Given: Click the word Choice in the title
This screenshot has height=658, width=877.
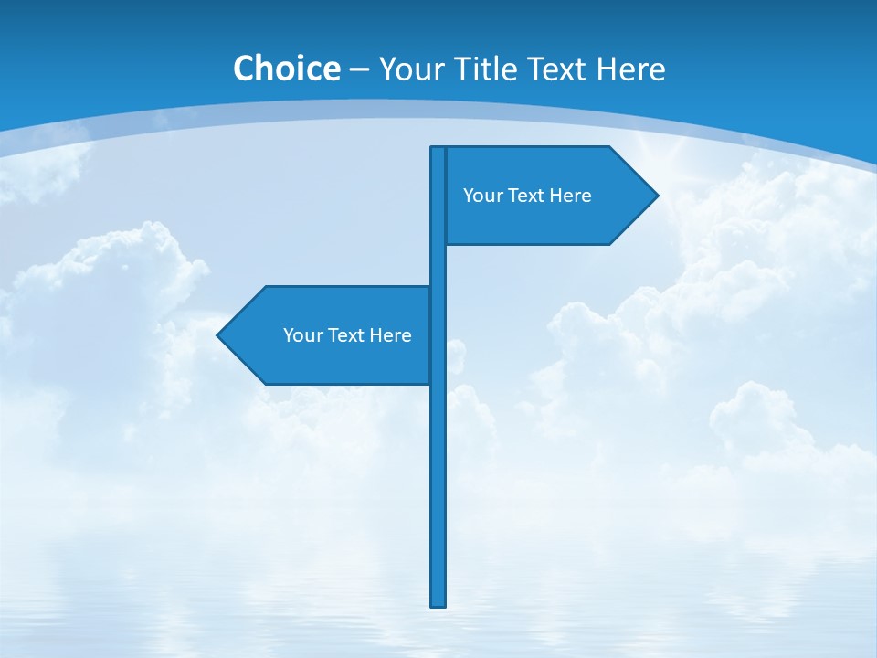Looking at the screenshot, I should (286, 69).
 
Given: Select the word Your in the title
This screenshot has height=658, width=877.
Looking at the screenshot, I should (407, 69).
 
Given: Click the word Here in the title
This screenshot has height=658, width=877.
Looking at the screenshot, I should (631, 69).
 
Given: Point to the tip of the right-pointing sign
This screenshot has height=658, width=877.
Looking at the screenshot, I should (656, 195).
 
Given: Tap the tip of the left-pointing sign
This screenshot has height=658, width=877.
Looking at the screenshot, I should (219, 335).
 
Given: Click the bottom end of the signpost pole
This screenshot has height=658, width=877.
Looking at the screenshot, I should (438, 603).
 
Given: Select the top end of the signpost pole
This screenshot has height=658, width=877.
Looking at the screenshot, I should (438, 149).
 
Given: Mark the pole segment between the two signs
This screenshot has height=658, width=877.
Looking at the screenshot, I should (438, 265).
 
